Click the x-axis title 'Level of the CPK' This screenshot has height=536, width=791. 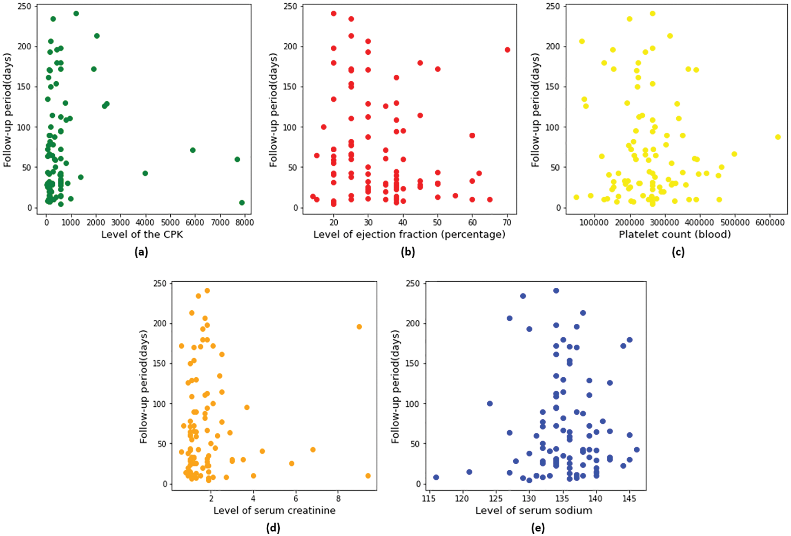(142, 234)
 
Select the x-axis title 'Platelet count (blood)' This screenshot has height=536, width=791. (675, 234)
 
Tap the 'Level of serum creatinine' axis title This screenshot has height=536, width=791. (274, 510)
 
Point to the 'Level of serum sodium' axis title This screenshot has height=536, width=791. (533, 510)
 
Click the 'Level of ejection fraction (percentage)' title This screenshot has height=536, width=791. (409, 234)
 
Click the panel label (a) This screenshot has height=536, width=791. (141, 252)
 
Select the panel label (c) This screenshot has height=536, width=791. (678, 252)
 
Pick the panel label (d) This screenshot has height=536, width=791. (273, 528)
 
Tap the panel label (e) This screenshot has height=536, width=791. (538, 528)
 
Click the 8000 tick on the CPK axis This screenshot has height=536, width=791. (245, 222)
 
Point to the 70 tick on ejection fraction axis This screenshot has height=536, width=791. (507, 222)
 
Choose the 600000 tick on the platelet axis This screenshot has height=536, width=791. (770, 222)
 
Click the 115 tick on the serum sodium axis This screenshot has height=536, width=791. (429, 498)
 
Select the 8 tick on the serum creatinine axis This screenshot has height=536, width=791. (338, 498)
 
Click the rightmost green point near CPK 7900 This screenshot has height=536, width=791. (242, 203)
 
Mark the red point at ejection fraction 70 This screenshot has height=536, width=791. (507, 50)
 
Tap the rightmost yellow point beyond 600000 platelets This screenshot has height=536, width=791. (778, 137)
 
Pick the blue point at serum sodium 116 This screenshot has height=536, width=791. (436, 477)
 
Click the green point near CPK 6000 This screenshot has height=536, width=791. (193, 150)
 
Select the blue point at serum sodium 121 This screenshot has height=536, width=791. (469, 472)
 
